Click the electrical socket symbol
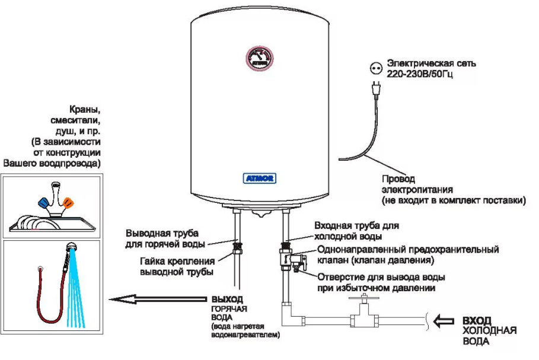pos(375,68)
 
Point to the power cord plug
pos(375,88)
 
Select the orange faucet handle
pos(68,203)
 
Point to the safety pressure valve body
pos(289,259)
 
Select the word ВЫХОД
pos(227,300)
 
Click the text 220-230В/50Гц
pos(420,75)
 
